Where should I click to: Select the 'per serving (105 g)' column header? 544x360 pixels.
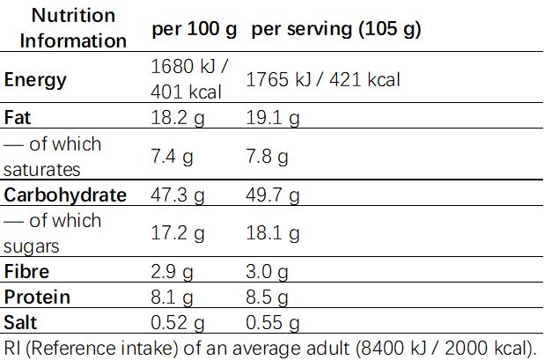pos(335,29)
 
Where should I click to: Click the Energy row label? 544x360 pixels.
pos(35,80)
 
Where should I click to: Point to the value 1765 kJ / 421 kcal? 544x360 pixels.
pos(323,80)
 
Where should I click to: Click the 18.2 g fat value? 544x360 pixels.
pos(179,117)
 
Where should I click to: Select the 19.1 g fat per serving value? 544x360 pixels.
pos(273,117)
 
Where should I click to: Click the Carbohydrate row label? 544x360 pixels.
pos(65,195)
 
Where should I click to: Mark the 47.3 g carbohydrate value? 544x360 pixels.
pos(179,195)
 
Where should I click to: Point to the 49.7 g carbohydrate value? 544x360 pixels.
pos(273,195)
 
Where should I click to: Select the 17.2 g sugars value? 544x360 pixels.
pos(179,233)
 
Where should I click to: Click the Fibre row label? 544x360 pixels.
pos(26,271)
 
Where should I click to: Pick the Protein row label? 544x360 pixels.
pos(37,297)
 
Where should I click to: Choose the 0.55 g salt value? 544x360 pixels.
pos(273,322)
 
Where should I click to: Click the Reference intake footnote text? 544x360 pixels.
pos(271,346)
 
